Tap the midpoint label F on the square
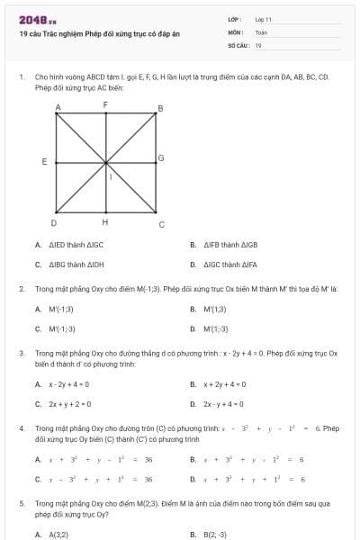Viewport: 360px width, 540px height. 105,105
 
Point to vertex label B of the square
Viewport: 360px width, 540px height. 160,109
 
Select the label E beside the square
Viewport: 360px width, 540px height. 44,162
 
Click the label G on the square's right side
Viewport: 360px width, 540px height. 161,158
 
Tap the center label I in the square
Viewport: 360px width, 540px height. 111,177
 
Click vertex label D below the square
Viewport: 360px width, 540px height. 54,222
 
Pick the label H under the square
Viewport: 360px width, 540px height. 105,222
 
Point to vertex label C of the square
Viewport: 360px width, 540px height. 161,224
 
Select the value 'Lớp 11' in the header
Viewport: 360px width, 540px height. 263,18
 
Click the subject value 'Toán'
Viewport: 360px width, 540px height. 261,31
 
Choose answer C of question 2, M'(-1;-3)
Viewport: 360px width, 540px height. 62,328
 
